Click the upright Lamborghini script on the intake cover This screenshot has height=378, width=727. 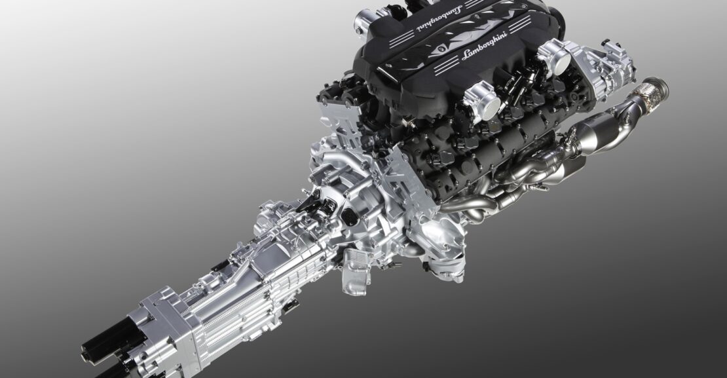(485, 46)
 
